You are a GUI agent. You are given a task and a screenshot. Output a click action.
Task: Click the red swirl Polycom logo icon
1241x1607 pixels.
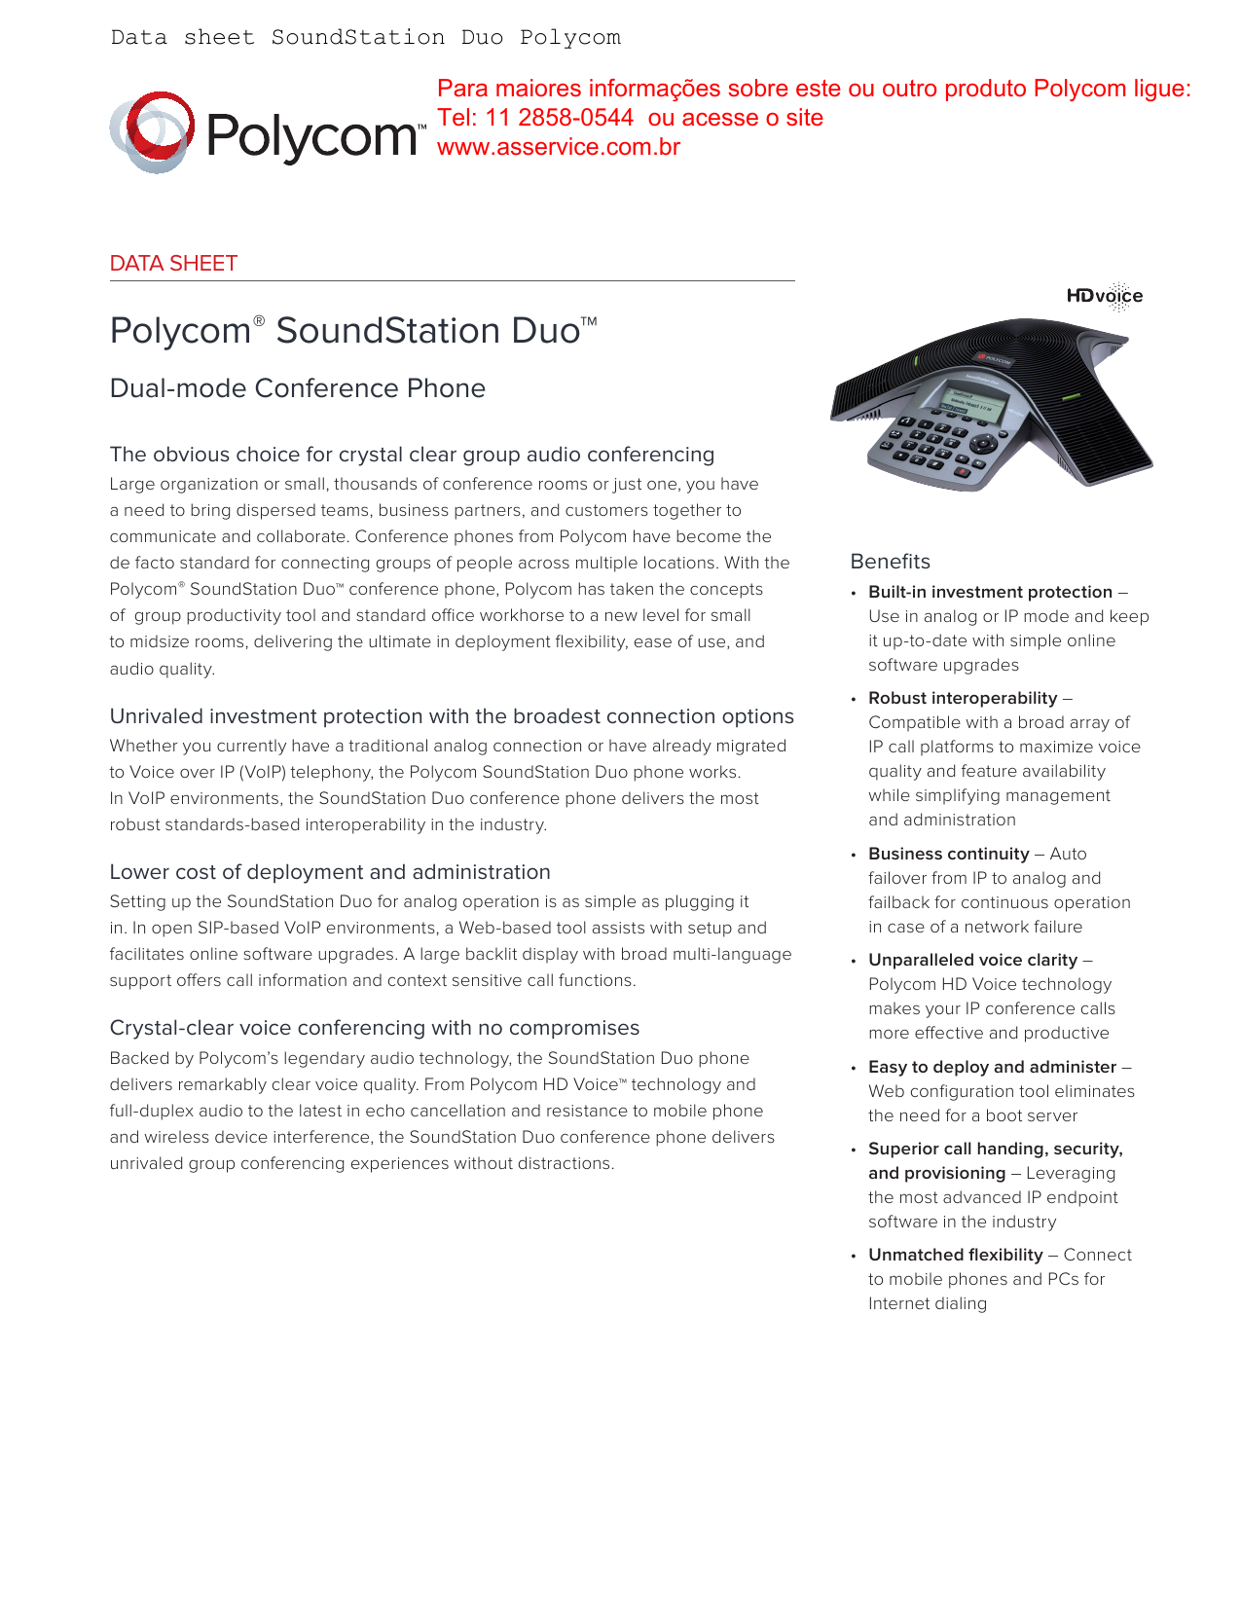pos(152,132)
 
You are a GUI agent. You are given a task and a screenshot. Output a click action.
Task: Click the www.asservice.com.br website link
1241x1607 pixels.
pos(558,147)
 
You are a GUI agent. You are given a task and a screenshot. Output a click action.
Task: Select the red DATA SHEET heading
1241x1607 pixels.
pos(173,264)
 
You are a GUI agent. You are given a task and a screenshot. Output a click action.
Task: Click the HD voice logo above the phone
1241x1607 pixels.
pos(1105,296)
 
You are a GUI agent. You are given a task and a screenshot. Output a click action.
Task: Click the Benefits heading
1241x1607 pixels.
pos(890,562)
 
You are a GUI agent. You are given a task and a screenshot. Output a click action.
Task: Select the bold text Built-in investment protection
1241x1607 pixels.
pos(990,592)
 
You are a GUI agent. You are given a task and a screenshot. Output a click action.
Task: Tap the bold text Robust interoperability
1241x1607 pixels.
pos(963,698)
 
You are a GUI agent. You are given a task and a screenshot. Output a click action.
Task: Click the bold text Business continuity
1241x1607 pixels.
pos(948,854)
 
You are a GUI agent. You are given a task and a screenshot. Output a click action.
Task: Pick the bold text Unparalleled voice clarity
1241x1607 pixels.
pos(972,960)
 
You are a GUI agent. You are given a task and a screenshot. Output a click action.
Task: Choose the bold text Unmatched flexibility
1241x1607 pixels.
pos(955,1255)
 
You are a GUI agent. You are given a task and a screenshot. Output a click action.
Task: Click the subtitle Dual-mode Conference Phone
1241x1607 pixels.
pos(297,388)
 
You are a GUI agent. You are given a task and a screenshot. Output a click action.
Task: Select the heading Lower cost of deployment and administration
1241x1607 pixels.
pos(330,872)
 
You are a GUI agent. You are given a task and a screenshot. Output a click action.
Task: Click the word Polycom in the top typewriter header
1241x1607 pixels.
pos(569,38)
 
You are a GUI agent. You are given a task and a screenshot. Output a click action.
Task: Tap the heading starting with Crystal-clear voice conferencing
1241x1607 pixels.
pos(375,1028)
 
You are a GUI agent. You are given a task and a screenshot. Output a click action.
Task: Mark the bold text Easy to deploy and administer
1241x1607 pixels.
pos(992,1067)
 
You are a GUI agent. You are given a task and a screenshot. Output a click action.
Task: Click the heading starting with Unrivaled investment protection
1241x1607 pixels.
pos(452,716)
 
